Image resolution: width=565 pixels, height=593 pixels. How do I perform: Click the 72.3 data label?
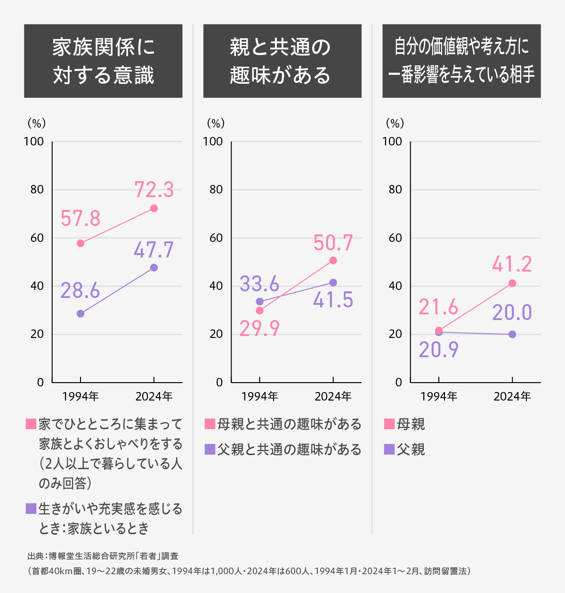[154, 190]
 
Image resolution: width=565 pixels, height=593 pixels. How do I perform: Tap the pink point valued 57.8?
[81, 243]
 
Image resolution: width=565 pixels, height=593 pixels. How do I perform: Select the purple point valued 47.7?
[154, 268]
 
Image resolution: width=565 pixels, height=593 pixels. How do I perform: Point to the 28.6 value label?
[80, 291]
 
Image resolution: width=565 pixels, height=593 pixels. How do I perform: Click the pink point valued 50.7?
[333, 260]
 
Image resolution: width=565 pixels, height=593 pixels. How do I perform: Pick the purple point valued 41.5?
[333, 282]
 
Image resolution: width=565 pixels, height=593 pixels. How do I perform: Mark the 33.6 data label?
[259, 284]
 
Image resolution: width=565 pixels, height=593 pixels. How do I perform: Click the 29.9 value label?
[259, 329]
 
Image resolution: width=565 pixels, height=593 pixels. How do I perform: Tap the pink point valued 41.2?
[512, 283]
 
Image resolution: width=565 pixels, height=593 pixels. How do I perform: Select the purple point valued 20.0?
[512, 334]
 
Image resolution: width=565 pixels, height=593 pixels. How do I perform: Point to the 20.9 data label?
[438, 350]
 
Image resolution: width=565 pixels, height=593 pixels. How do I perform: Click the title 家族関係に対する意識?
[103, 61]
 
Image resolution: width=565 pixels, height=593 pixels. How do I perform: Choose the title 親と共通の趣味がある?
[282, 61]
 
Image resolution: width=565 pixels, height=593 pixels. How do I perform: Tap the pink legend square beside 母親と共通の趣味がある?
[210, 424]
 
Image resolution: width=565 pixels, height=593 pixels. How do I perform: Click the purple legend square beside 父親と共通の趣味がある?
[210, 449]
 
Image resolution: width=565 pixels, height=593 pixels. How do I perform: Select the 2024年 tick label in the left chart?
[154, 396]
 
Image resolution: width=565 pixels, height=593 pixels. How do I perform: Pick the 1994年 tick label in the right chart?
[438, 396]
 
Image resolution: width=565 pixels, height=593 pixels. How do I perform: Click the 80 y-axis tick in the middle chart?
[216, 190]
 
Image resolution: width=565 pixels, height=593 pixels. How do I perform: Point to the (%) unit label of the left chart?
[37, 123]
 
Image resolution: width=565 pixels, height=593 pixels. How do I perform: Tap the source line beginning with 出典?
[103, 556]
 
